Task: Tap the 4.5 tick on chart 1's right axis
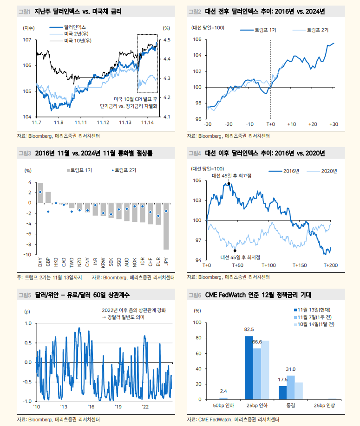click(166, 40)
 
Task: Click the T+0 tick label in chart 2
click(270, 124)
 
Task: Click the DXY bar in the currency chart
click(40, 193)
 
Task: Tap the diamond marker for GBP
click(48, 212)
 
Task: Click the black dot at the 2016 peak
click(229, 184)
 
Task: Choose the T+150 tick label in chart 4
click(300, 265)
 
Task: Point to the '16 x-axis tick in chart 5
click(91, 407)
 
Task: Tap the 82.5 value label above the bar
click(249, 329)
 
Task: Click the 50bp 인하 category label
click(223, 406)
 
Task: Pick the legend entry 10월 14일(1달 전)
click(318, 324)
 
